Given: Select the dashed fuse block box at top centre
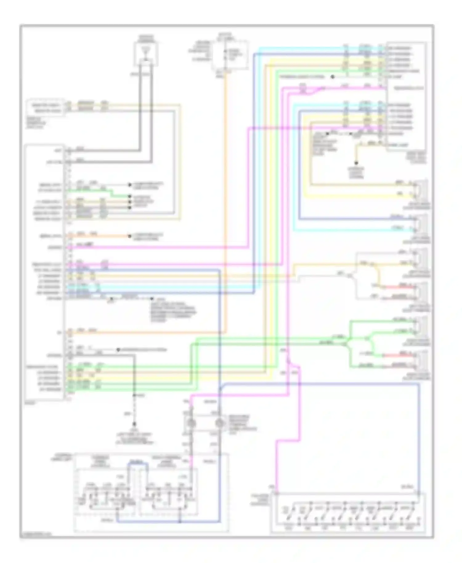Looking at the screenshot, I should pos(229,55).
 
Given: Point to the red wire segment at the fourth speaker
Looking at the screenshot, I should pos(397,287).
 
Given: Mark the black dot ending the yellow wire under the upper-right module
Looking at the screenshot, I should pos(356,163).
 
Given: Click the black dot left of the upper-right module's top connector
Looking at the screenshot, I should pos(333,77).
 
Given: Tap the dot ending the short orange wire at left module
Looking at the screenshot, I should pos(129,236).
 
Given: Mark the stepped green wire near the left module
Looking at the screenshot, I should pos(111,193).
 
